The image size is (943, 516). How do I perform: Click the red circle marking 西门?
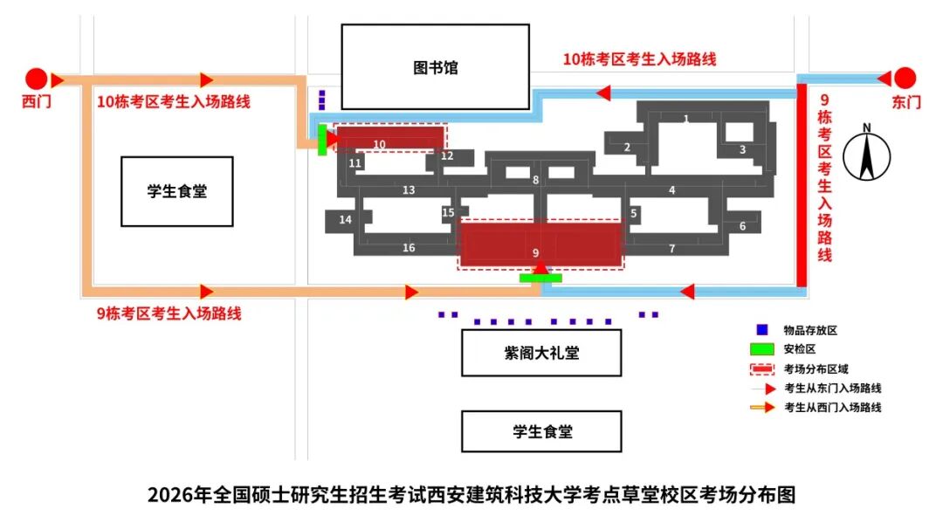(36, 79)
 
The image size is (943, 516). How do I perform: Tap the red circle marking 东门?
(905, 78)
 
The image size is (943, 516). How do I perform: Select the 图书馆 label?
(435, 67)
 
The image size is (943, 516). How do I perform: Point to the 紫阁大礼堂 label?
(541, 354)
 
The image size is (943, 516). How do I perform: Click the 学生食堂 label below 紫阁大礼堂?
(541, 431)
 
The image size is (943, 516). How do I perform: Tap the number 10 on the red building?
(379, 144)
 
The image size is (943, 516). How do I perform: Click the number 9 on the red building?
(535, 252)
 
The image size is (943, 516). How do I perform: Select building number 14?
(345, 219)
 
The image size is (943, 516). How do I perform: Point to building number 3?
(742, 149)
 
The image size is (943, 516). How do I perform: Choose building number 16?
(409, 248)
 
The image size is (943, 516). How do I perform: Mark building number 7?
(671, 249)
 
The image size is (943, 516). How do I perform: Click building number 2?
(627, 148)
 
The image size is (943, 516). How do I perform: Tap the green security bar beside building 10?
(322, 140)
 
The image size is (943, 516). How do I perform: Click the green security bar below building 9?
(540, 278)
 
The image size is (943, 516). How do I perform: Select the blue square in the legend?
(761, 330)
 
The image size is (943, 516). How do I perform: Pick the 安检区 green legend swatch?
(761, 348)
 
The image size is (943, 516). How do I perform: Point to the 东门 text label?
(906, 102)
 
